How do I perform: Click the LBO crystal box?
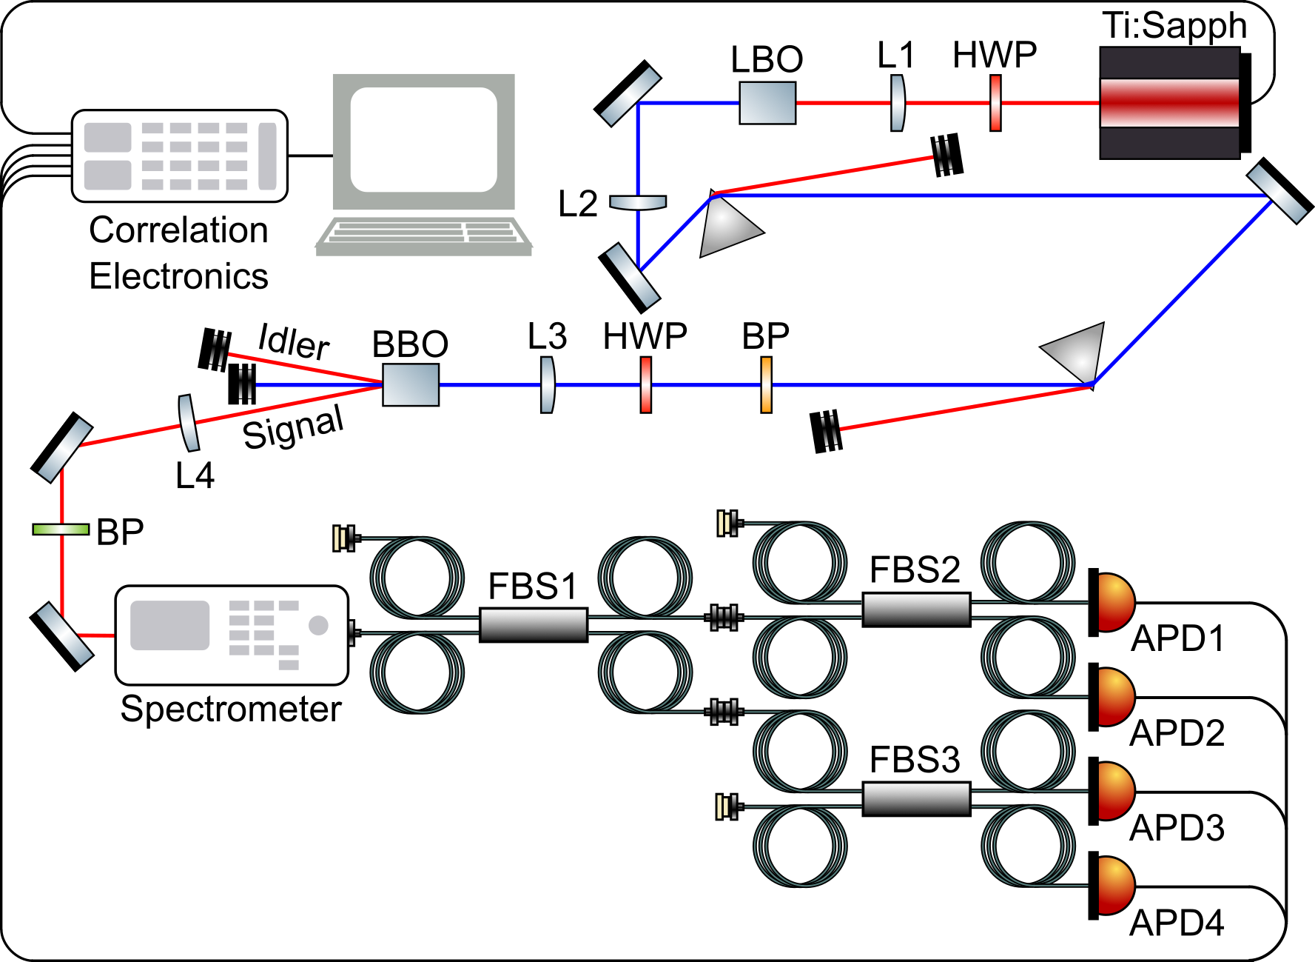point(767,103)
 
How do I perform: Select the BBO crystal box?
point(411,384)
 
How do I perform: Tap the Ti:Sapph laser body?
point(1170,103)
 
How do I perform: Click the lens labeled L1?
point(897,103)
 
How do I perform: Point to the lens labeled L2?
point(638,201)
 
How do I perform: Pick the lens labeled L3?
point(547,384)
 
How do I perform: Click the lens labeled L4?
point(189,423)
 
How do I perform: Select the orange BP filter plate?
point(767,384)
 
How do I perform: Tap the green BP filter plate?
point(61,529)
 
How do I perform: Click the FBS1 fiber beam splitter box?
point(533,624)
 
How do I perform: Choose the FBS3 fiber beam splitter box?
point(916,799)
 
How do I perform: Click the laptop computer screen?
point(423,139)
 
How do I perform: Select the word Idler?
point(293,342)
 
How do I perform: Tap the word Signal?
point(293,429)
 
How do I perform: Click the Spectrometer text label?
point(230,709)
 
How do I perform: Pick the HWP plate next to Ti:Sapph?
point(996,103)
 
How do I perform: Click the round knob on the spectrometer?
point(318,626)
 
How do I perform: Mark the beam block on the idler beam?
point(215,350)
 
